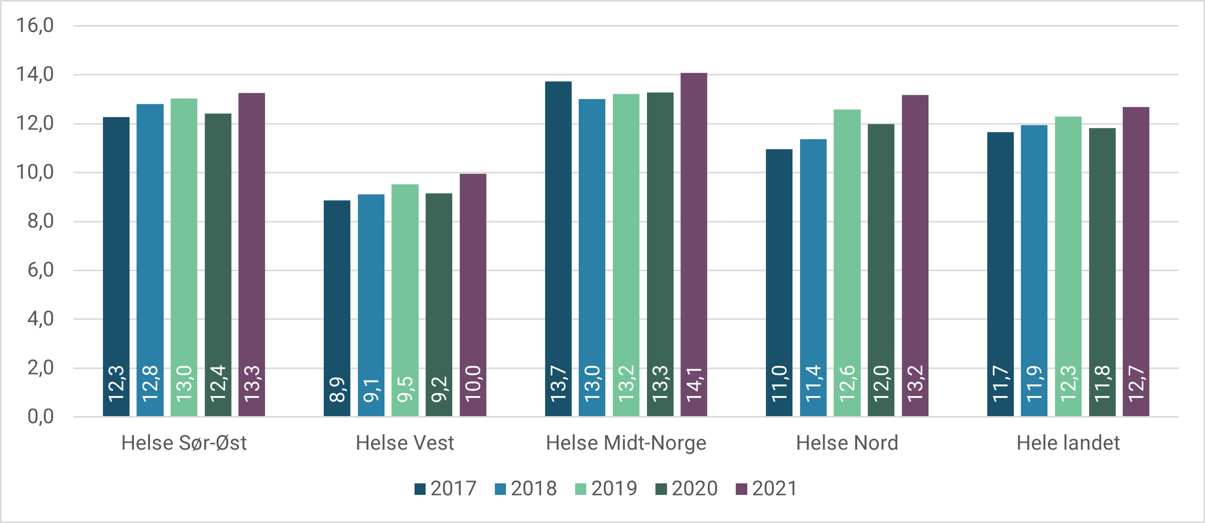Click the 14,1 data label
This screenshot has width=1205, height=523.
pyautogui.click(x=694, y=384)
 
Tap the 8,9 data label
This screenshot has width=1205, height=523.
pyautogui.click(x=337, y=389)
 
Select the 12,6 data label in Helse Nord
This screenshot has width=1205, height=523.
pyautogui.click(x=847, y=383)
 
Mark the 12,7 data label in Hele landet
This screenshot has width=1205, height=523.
pyautogui.click(x=1136, y=383)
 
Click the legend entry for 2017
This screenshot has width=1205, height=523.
pyautogui.click(x=446, y=488)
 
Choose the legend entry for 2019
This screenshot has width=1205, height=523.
pyautogui.click(x=606, y=488)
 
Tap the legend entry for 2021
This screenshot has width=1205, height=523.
pyautogui.click(x=767, y=488)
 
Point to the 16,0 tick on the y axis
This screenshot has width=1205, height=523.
pyautogui.click(x=35, y=25)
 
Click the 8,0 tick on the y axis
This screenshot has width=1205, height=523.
pyautogui.click(x=40, y=221)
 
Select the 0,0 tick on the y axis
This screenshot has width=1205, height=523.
pyautogui.click(x=40, y=416)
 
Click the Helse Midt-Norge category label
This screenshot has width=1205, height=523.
pyautogui.click(x=626, y=443)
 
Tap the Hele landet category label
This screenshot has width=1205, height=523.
pyautogui.click(x=1068, y=443)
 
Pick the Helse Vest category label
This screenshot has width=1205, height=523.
pyautogui.click(x=405, y=443)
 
